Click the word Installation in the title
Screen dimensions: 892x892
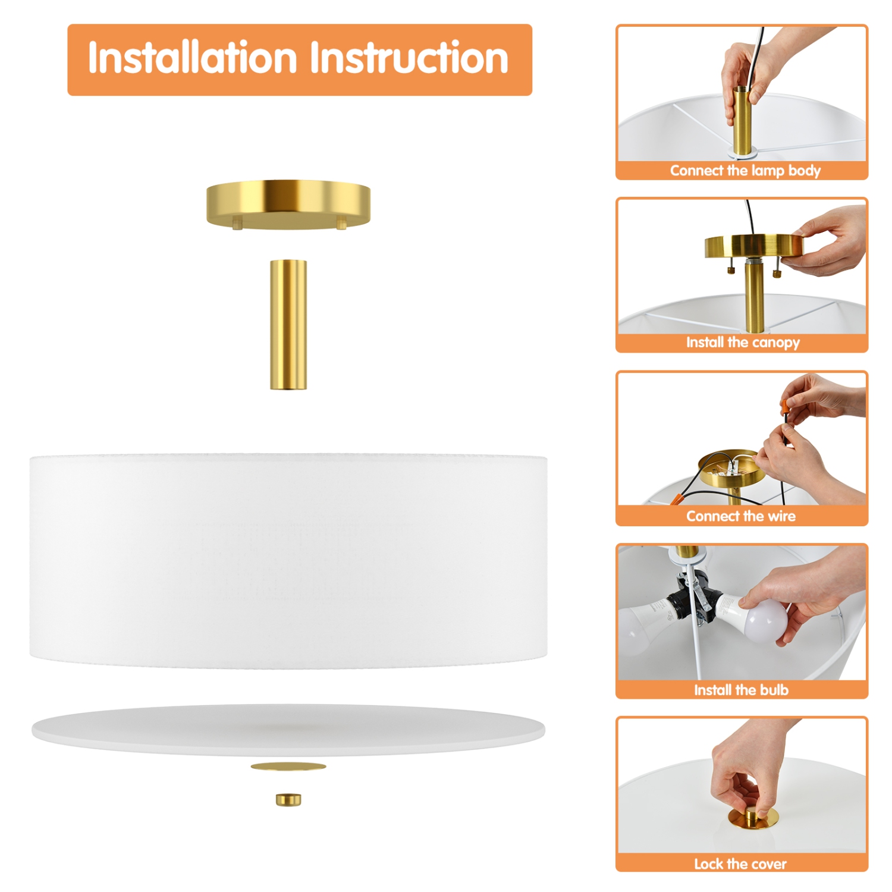192,58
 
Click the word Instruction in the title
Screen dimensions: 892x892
409,58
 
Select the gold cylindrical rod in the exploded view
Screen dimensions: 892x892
288,324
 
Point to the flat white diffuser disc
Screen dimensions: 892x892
288,729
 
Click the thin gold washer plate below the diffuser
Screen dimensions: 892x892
288,767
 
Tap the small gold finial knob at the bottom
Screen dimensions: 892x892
288,800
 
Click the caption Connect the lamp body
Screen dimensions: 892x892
745,171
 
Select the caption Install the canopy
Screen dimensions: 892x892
742,343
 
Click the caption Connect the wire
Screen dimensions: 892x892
740,516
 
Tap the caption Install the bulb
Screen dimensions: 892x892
741,690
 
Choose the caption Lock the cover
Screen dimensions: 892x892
740,863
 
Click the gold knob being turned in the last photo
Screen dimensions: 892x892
753,818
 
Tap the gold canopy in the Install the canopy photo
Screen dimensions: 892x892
753,245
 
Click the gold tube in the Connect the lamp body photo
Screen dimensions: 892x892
742,122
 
